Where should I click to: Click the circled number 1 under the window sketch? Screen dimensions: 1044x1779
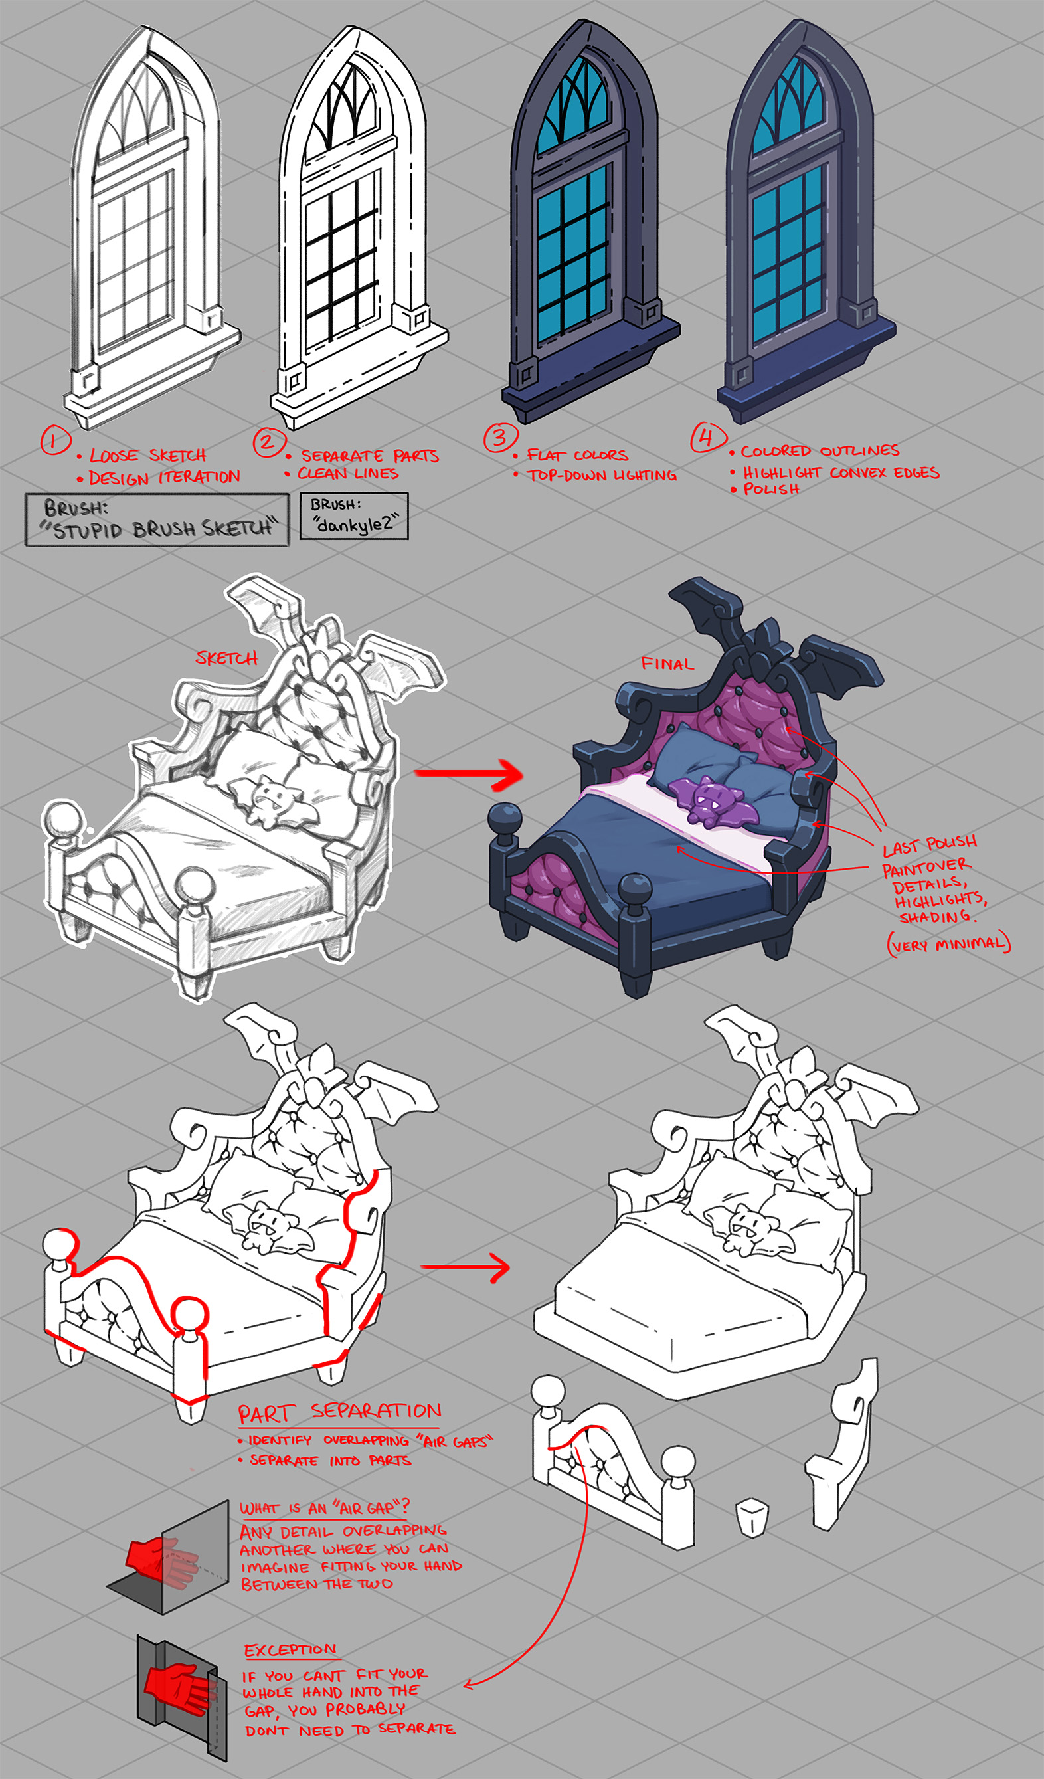pos(55,440)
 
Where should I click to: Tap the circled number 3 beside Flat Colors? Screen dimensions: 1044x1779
pos(501,437)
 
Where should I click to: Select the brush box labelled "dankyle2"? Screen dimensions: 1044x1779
pos(354,515)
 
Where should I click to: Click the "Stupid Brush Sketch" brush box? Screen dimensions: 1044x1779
pos(157,519)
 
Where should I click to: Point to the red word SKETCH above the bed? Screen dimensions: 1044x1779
pos(226,658)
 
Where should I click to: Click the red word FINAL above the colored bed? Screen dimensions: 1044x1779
pos(667,664)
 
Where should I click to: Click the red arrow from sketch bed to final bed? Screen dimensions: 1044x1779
pos(469,775)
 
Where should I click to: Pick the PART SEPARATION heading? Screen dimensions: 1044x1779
pos(339,1412)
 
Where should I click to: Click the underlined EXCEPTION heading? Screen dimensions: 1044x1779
pos(290,1650)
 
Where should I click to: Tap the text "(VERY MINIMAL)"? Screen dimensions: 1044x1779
pos(949,944)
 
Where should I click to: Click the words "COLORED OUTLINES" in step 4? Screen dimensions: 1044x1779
pos(820,450)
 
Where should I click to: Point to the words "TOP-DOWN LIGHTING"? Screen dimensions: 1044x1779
pos(602,475)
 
